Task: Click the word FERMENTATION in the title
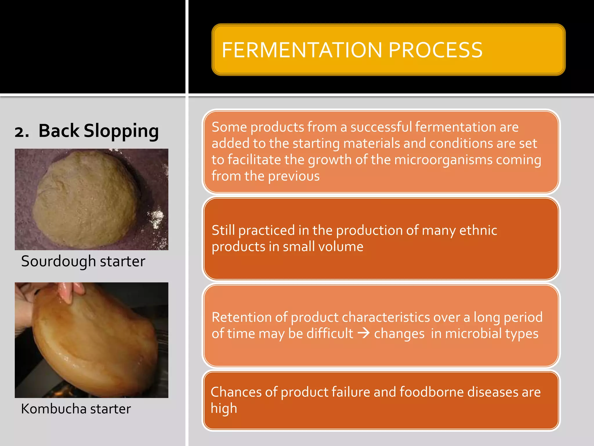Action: point(302,50)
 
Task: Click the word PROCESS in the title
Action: point(435,50)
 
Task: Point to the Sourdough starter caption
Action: point(83,261)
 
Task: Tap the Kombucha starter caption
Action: point(76,409)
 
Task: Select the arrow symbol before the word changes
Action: point(363,333)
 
